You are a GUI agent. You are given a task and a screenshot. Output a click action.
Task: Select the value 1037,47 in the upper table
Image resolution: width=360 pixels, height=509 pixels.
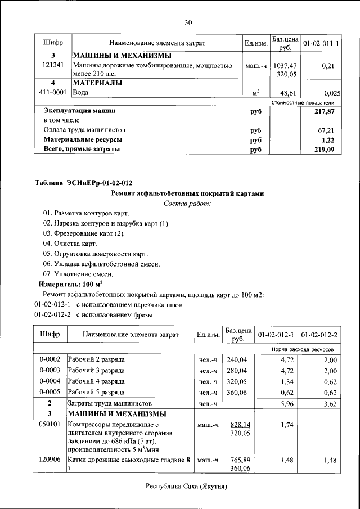285,66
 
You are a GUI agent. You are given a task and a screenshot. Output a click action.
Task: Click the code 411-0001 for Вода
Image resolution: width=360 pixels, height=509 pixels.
53,92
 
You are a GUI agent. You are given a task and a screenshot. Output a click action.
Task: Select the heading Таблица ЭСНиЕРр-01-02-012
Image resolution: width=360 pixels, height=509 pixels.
83,183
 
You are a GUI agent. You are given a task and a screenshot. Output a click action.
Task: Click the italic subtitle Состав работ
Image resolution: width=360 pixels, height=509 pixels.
187,203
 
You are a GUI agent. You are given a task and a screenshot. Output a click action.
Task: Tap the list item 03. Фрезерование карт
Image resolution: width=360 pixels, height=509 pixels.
84,233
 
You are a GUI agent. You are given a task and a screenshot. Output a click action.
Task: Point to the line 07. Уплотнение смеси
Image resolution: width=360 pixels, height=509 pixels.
78,274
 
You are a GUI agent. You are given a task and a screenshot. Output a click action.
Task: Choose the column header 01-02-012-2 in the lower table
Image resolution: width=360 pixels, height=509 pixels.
319,335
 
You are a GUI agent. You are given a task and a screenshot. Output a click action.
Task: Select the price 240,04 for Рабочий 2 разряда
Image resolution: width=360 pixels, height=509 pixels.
237,359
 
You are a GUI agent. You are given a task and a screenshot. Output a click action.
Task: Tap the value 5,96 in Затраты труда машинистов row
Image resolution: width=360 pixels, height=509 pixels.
287,403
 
